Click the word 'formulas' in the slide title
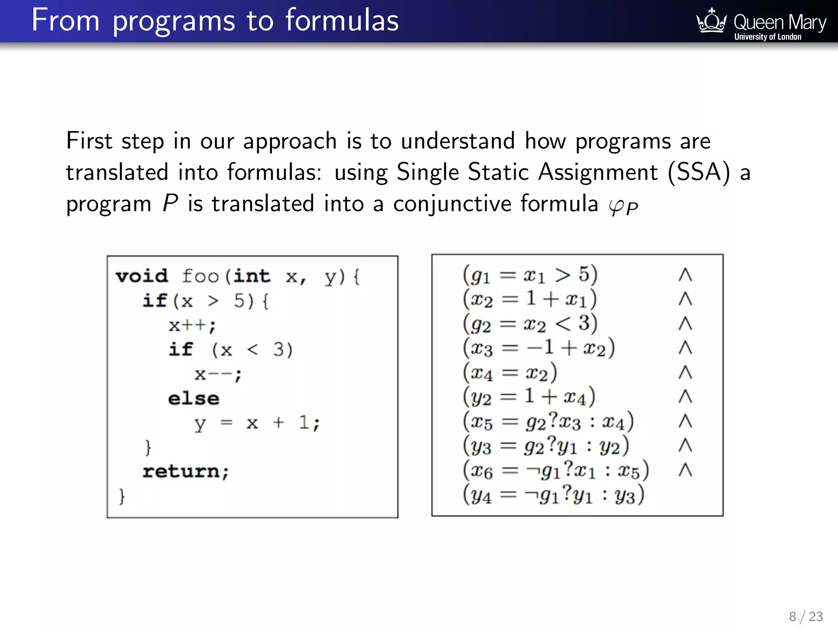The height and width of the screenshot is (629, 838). coord(342,20)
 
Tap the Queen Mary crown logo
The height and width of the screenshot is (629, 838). coord(711,21)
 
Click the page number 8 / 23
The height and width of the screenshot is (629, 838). coord(806,616)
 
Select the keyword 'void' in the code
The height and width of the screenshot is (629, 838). coord(142,276)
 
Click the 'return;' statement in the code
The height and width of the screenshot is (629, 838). coord(185,471)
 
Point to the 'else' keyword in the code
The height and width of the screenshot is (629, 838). coord(194,398)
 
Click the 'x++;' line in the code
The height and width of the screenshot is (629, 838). coord(192,325)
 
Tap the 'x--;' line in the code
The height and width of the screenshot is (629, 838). coord(218,374)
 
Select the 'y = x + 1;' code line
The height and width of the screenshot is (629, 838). coord(257,423)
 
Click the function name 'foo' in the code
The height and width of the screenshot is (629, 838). coord(200,276)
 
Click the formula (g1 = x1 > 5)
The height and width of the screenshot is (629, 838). coord(530,275)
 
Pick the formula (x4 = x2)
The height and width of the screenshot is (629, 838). coord(509,373)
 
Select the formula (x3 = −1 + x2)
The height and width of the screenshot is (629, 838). coord(538,348)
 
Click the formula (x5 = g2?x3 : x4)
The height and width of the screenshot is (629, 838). coord(548,422)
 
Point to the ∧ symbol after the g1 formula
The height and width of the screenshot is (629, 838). coord(685,275)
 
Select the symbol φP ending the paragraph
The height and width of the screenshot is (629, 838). coord(623,206)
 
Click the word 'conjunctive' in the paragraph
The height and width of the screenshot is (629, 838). coord(452,204)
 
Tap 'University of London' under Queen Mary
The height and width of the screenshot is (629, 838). coord(768,37)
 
